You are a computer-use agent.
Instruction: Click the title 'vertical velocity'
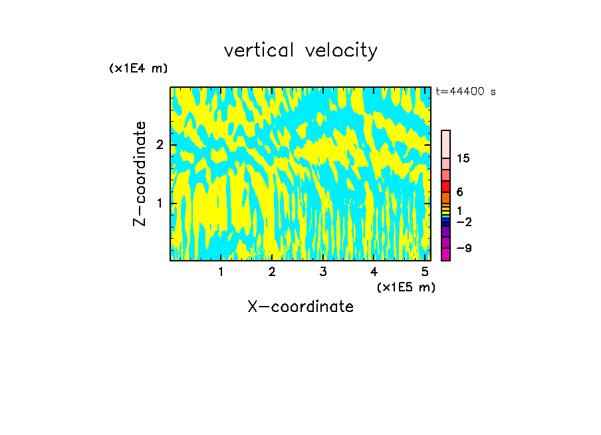click(x=300, y=51)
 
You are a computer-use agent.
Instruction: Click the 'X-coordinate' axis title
click(x=300, y=307)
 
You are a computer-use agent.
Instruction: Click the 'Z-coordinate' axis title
click(x=140, y=174)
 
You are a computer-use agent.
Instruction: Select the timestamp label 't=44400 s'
click(x=465, y=92)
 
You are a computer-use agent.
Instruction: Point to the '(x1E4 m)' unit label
click(x=138, y=69)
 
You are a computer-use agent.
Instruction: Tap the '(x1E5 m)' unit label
click(x=406, y=287)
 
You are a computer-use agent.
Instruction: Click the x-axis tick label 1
click(x=221, y=271)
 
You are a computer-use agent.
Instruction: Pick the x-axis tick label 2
click(x=272, y=271)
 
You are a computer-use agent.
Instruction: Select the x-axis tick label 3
click(x=323, y=271)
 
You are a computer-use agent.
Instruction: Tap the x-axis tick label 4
click(x=374, y=271)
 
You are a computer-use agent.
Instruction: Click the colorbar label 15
click(x=463, y=158)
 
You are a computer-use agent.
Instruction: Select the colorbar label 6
click(x=459, y=192)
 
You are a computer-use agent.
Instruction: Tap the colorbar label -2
click(x=463, y=221)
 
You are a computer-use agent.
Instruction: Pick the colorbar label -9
click(x=463, y=248)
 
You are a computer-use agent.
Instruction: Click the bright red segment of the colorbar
click(x=445, y=186)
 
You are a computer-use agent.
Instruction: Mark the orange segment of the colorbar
click(x=445, y=198)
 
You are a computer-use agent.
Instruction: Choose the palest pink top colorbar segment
click(x=445, y=144)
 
